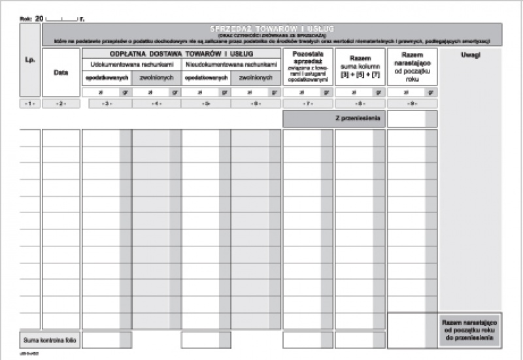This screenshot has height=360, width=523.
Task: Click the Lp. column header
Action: (x=29, y=59)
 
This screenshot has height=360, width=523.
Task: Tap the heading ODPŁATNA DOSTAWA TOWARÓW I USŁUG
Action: (x=181, y=53)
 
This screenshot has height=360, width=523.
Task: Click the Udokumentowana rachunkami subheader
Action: (x=131, y=65)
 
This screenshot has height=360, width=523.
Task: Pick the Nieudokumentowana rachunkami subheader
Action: (x=231, y=65)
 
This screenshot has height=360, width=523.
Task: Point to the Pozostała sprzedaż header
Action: (x=307, y=65)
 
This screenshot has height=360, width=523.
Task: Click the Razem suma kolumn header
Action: (x=360, y=66)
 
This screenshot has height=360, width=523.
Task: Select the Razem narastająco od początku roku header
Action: (x=412, y=65)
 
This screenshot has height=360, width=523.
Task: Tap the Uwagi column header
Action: (x=469, y=55)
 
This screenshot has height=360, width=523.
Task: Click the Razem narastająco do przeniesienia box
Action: (x=469, y=331)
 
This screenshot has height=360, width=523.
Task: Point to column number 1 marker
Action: (x=29, y=104)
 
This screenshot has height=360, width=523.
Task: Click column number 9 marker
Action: (x=412, y=104)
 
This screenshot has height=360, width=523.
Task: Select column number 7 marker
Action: (x=307, y=104)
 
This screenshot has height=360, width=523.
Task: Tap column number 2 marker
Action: (x=61, y=104)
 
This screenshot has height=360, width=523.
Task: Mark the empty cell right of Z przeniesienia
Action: (x=412, y=119)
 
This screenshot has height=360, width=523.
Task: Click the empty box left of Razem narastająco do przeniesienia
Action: (x=412, y=331)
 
